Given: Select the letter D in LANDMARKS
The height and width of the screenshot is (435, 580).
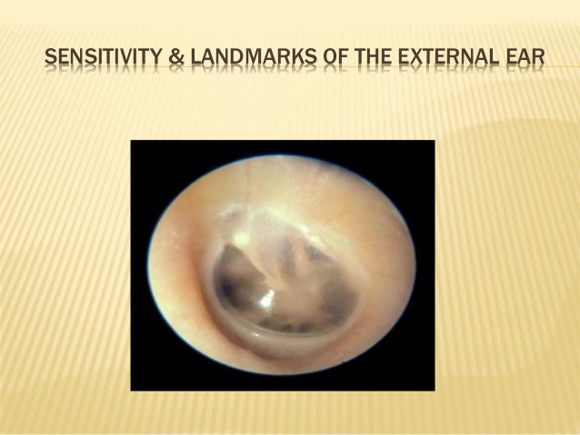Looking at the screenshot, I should point(227,62).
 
